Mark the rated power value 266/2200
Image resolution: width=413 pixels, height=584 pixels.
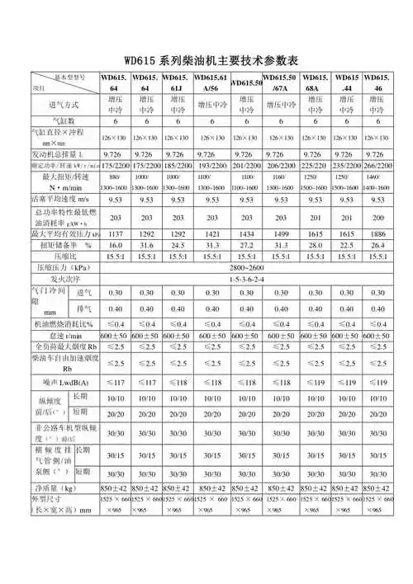pyautogui.click(x=376, y=167)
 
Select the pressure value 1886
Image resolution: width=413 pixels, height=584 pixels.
pyautogui.click(x=376, y=233)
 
